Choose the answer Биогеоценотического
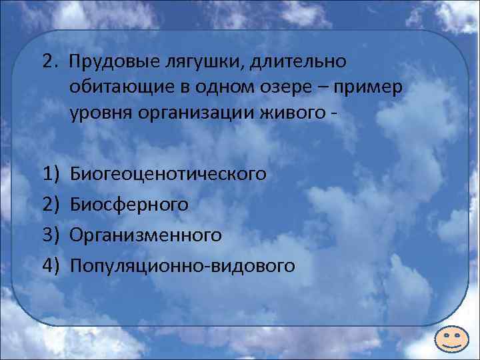pyautogui.click(x=168, y=174)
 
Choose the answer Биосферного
pyautogui.click(x=129, y=205)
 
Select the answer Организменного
pyautogui.click(x=145, y=235)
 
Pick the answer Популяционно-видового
pyautogui.click(x=181, y=266)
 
